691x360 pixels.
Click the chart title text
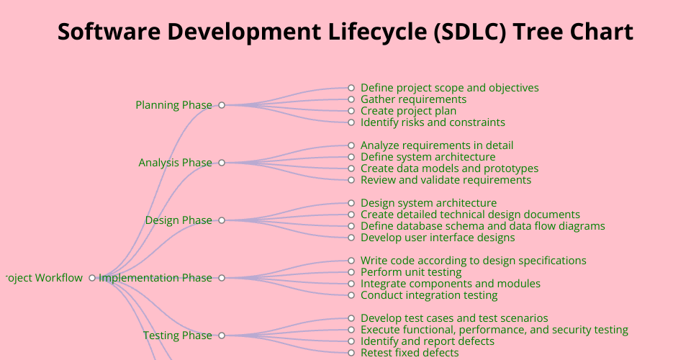pos(345,32)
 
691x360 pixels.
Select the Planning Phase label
pos(173,105)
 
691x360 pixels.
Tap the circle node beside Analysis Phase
pos(222,163)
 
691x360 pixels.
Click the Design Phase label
pos(179,220)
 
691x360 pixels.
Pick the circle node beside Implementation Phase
pos(222,278)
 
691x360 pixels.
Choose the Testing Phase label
pos(178,336)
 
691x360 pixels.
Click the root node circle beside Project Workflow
pos(92,278)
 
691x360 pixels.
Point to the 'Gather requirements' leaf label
pos(413,99)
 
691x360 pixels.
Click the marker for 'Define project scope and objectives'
pos(351,88)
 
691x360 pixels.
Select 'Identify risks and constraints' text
pos(433,122)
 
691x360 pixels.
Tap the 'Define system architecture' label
pos(428,157)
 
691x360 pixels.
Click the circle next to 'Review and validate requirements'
pos(351,180)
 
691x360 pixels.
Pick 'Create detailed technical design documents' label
pos(470,215)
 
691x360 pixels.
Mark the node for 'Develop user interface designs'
pos(351,238)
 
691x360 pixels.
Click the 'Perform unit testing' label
pos(411,272)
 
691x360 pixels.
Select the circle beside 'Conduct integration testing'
pos(351,295)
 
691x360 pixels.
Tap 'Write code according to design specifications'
pos(474,261)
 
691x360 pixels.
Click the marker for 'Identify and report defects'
pos(351,341)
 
